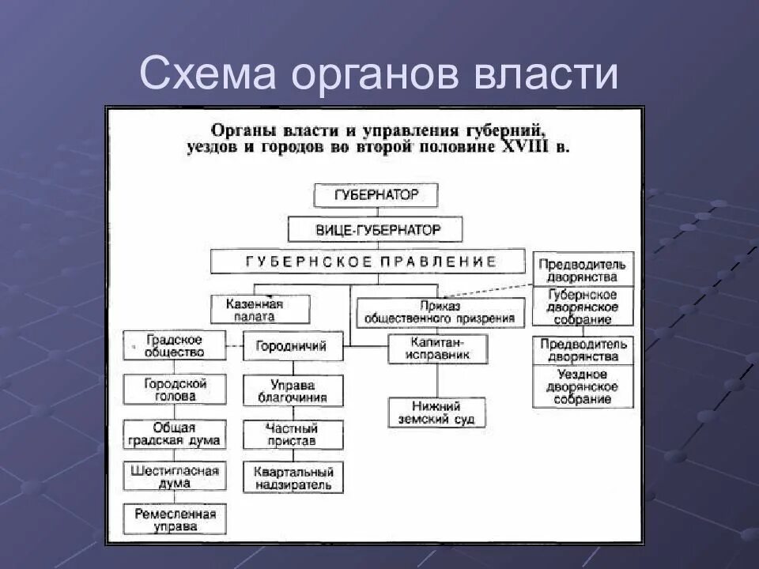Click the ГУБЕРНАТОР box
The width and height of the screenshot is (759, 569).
click(x=376, y=195)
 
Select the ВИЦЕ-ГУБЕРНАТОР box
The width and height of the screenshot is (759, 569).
click(x=376, y=230)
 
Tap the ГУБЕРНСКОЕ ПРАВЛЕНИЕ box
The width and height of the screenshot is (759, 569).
click(x=368, y=262)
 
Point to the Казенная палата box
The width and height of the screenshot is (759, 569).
click(x=260, y=309)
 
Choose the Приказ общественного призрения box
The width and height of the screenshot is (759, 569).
click(x=440, y=313)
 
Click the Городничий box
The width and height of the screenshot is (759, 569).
click(x=293, y=346)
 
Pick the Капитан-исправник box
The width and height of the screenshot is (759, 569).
click(x=437, y=349)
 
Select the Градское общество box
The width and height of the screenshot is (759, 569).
click(x=175, y=345)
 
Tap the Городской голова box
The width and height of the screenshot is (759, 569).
click(x=175, y=389)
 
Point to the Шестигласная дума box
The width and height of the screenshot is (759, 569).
click(x=175, y=477)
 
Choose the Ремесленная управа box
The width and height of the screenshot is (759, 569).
click(x=175, y=519)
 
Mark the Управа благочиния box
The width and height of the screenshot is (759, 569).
click(x=293, y=390)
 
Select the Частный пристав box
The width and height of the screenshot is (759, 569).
click(x=293, y=434)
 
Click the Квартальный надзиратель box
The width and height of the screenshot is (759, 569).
click(x=293, y=477)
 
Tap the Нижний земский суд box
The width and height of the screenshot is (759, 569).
click(x=437, y=412)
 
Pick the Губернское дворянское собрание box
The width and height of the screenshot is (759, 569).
click(x=583, y=307)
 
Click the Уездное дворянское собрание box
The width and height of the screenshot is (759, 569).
click(x=583, y=386)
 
